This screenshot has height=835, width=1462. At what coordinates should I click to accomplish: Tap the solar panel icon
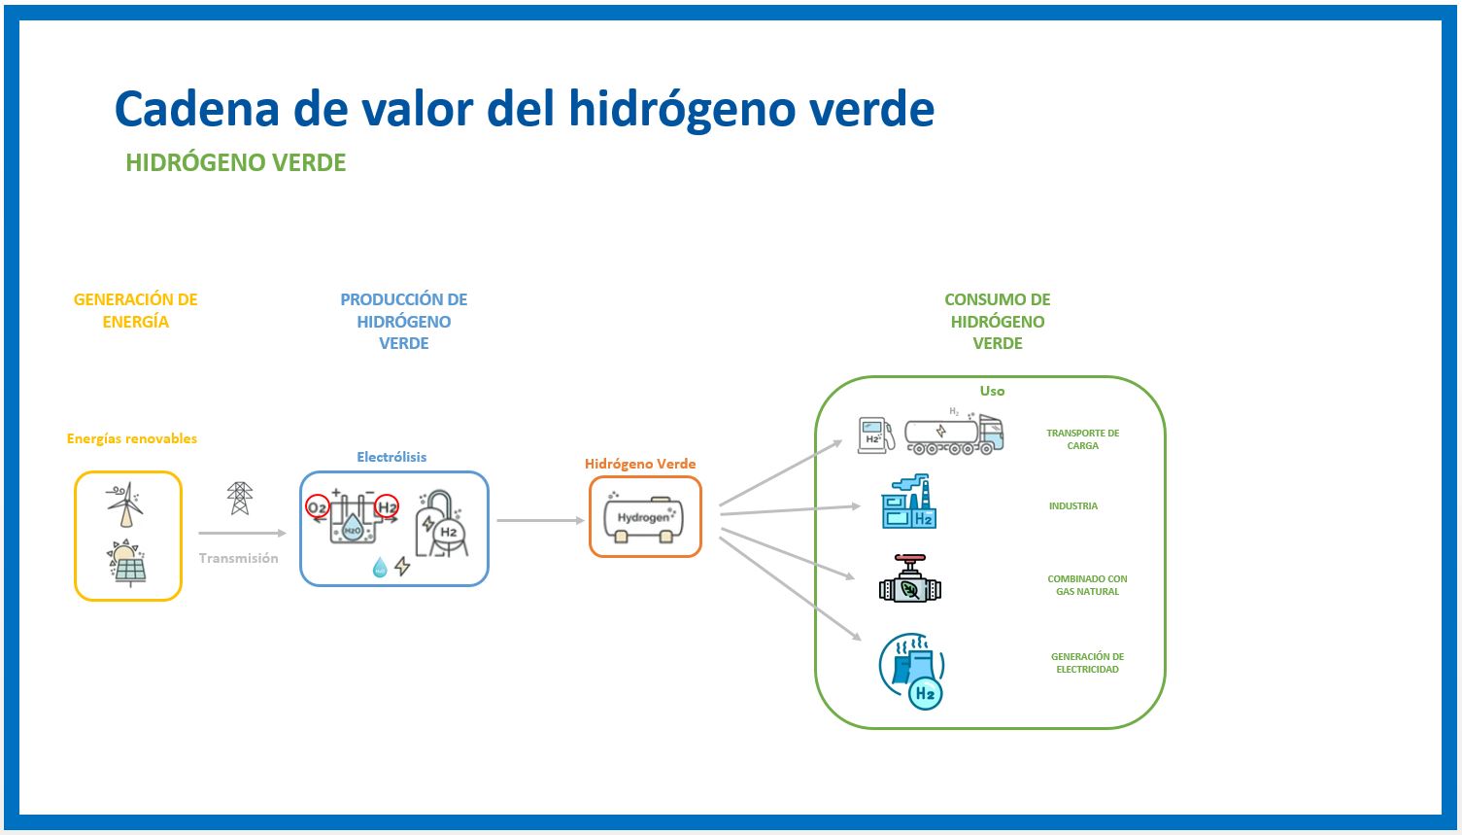click(x=128, y=565)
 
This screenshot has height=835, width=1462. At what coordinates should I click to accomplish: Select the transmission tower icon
click(x=239, y=499)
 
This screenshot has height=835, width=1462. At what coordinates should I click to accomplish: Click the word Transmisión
click(x=238, y=558)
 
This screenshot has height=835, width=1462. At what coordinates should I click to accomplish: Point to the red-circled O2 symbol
click(x=317, y=506)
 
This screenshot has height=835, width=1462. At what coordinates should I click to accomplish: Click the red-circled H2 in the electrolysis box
click(x=387, y=506)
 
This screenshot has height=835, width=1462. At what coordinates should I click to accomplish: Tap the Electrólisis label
click(x=391, y=457)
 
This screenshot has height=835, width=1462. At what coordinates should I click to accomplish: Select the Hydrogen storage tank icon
click(x=644, y=517)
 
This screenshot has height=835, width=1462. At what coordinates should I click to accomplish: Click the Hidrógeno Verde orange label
click(x=640, y=464)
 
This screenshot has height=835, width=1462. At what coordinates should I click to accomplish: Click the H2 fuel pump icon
click(x=875, y=435)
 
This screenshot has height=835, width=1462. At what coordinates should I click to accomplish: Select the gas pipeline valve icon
click(x=909, y=580)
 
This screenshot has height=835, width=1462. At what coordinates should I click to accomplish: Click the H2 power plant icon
click(x=913, y=671)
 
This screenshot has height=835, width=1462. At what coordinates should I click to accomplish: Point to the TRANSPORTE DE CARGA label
click(x=1082, y=439)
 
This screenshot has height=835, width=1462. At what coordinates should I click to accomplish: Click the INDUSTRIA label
click(x=1072, y=506)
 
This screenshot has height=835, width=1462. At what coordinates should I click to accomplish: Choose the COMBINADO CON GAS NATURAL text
click(x=1087, y=585)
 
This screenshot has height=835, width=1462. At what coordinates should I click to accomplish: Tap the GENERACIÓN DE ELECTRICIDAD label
click(x=1087, y=663)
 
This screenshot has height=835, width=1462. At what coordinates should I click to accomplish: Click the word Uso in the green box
click(x=992, y=391)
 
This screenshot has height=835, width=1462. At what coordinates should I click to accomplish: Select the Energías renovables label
click(x=132, y=438)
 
